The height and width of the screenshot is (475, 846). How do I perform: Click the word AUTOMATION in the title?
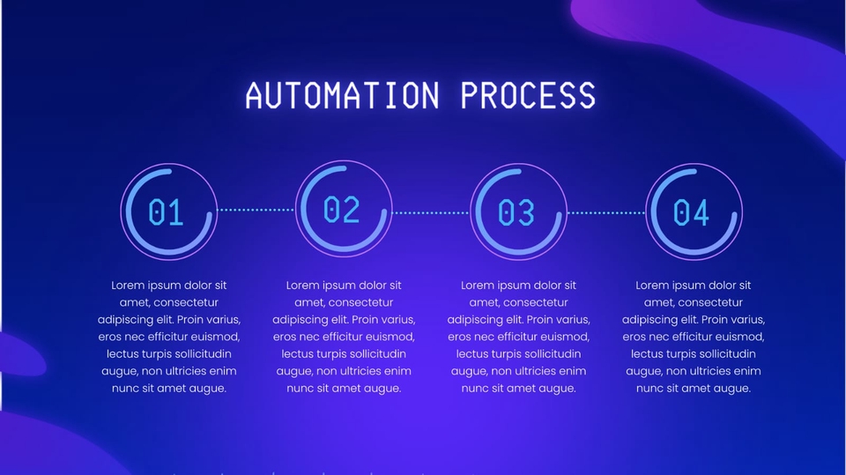[342, 95]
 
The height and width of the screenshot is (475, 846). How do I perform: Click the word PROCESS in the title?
[528, 95]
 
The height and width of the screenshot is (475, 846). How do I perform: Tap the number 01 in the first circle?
[166, 212]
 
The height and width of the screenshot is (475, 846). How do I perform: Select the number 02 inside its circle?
[342, 210]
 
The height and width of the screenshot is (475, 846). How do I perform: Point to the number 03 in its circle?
[516, 212]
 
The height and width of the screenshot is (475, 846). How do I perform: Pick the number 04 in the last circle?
[692, 212]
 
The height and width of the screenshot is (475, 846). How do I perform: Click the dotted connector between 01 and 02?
[256, 210]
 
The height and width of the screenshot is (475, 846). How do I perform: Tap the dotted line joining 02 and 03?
[430, 212]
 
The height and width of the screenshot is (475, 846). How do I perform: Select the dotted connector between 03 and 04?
[605, 212]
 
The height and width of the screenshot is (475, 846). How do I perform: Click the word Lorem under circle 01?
[130, 286]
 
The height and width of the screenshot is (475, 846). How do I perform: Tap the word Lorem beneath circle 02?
[304, 286]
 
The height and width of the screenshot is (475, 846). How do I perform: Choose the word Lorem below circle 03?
[479, 286]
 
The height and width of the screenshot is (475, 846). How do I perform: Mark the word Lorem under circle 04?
[654, 286]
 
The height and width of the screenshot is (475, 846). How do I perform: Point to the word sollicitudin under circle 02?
[375, 353]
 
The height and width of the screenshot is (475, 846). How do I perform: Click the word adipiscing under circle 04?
[652, 320]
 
